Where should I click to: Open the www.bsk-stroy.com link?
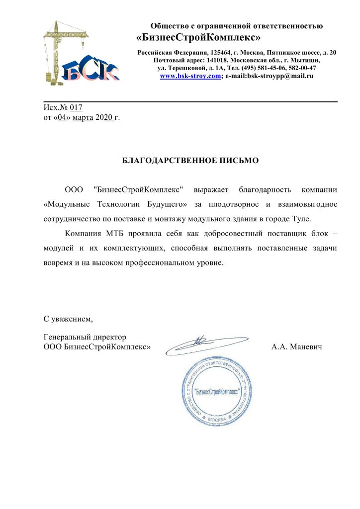click(190, 76)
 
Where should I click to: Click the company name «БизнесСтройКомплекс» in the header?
click(198, 37)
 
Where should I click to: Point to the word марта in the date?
click(83, 117)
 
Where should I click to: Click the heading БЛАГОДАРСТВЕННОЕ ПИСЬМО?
click(191, 161)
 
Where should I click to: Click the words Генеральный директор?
click(85, 337)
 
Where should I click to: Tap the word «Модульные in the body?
click(65, 204)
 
